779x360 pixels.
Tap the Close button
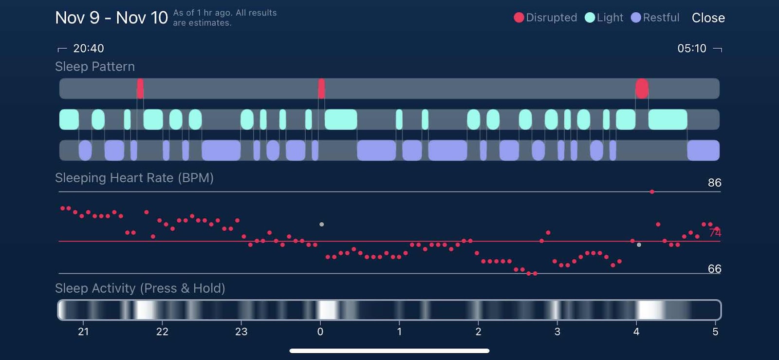[708, 18]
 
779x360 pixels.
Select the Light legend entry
[604, 18]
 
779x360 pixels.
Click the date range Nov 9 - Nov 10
[111, 18]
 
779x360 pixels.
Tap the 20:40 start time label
[88, 48]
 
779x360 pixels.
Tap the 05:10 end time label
[691, 48]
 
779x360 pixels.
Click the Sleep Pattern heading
[95, 67]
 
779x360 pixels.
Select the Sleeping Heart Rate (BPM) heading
[134, 178]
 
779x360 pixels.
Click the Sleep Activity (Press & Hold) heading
[140, 288]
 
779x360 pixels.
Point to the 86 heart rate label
[714, 183]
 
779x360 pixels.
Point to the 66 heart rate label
[714, 269]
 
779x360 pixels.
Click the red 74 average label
[715, 233]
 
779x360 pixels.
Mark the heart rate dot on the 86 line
[652, 192]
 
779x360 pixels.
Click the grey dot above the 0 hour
[321, 225]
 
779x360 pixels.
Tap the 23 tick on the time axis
[241, 332]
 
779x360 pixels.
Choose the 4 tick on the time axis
[636, 332]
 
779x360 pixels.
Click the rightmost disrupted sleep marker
[642, 89]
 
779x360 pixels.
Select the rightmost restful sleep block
[703, 151]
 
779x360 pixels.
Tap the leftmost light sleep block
[69, 119]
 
